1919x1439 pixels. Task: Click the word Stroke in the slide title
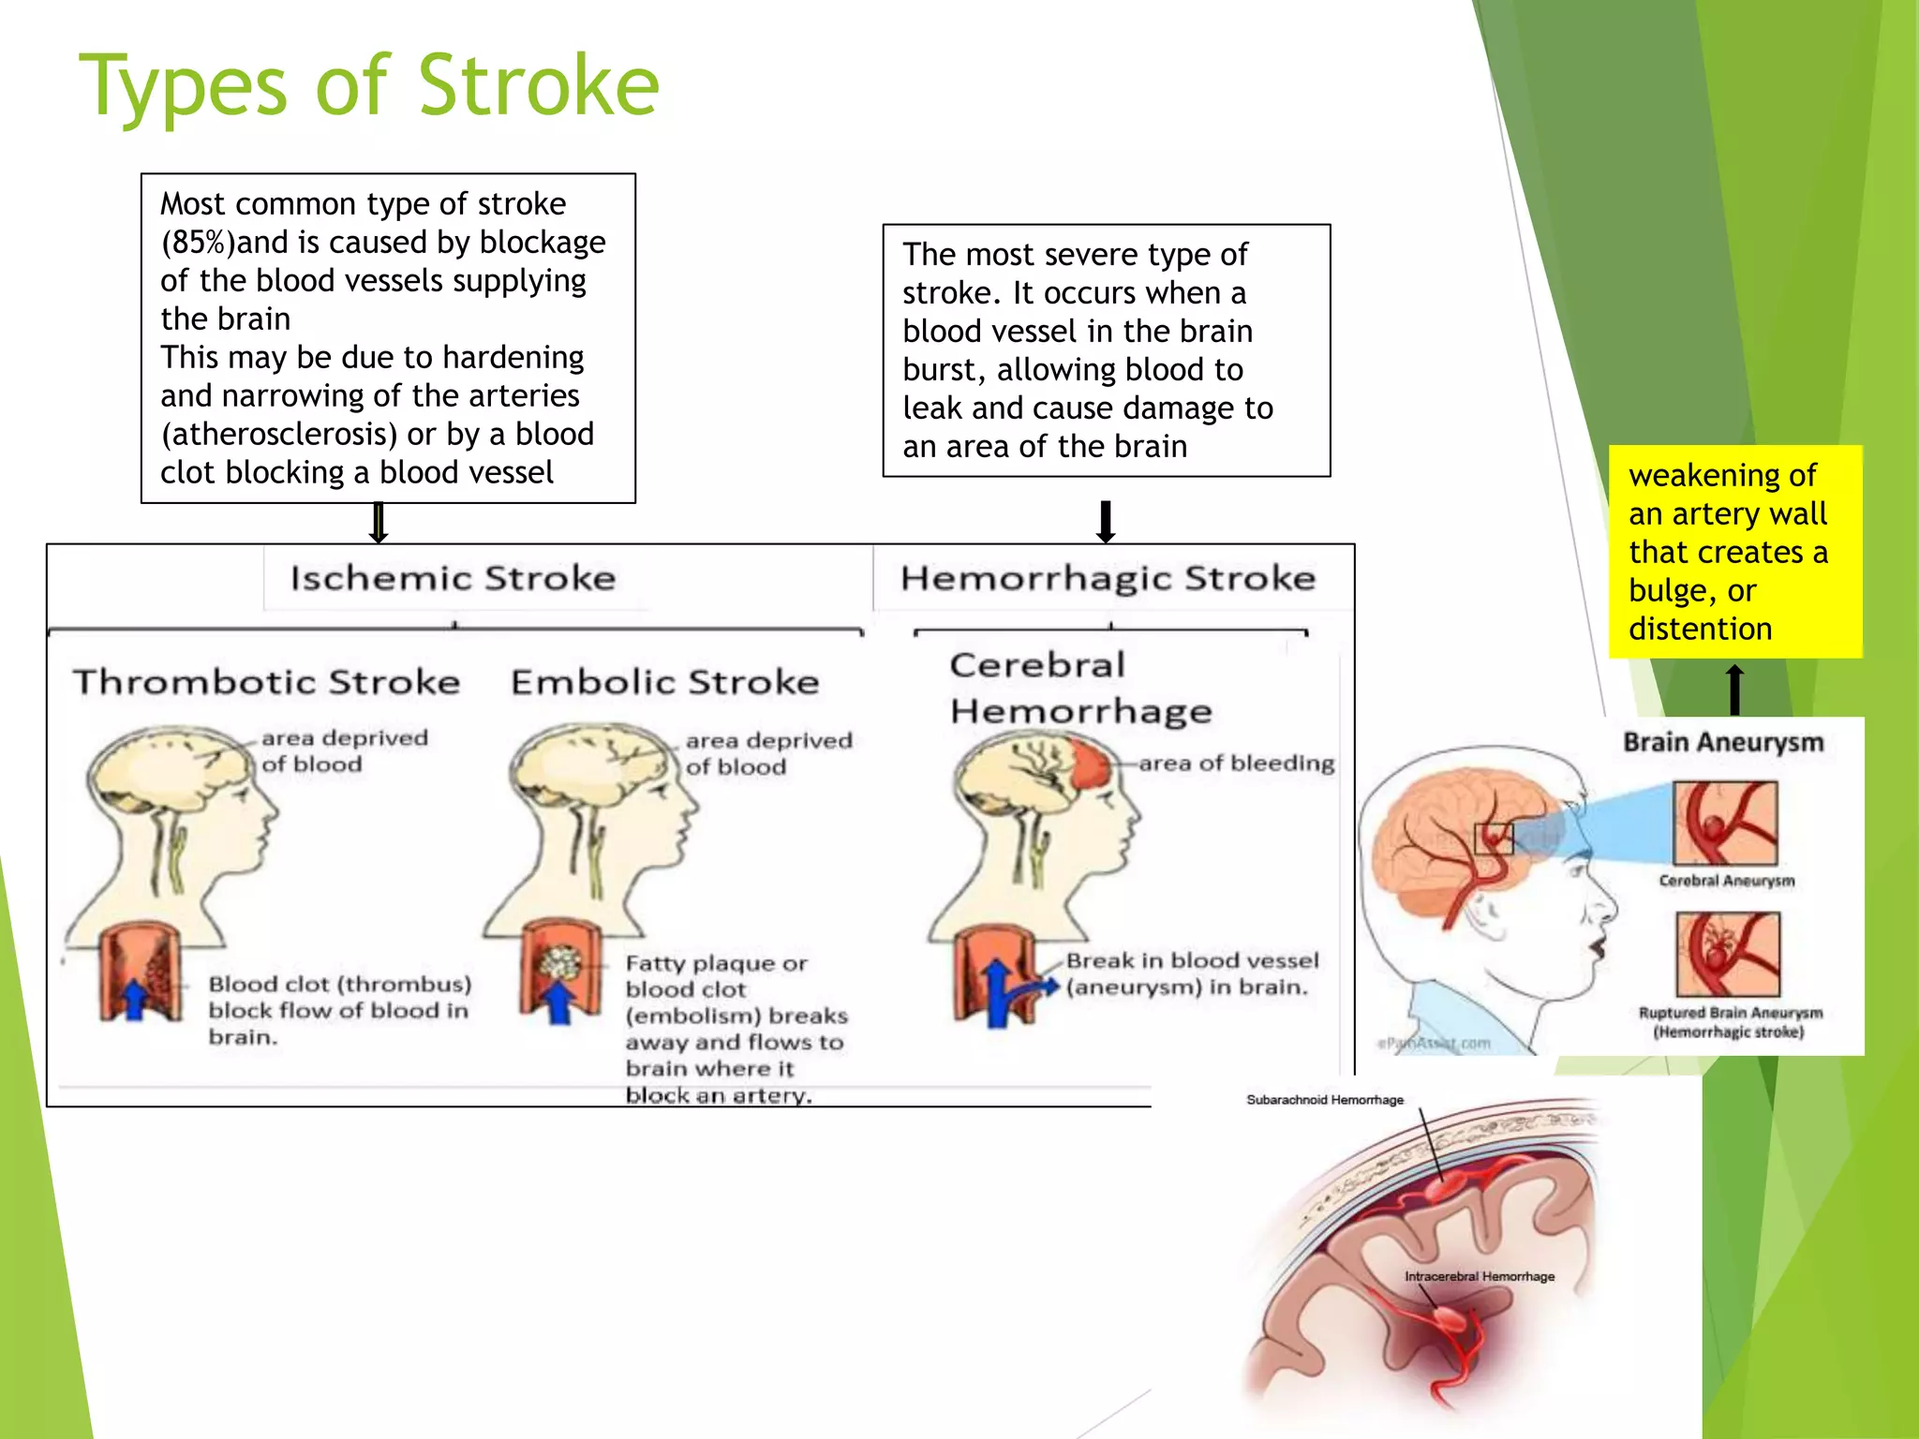tap(538, 86)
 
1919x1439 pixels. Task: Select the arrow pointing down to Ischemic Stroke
tap(379, 523)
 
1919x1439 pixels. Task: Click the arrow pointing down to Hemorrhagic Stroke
tap(1106, 522)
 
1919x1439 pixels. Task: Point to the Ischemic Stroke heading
tap(453, 578)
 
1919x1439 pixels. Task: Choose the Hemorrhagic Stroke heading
tap(1108, 578)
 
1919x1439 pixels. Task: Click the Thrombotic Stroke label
tap(267, 682)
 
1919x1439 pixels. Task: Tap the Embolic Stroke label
tap(664, 682)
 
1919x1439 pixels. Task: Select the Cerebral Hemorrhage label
tap(1079, 689)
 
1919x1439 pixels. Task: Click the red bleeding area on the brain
tap(1090, 764)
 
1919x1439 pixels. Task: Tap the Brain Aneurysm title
tap(1723, 742)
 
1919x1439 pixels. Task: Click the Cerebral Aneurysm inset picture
tap(1725, 823)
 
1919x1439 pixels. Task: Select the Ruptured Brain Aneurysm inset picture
tap(1727, 955)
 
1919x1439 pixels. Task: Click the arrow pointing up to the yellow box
tap(1734, 690)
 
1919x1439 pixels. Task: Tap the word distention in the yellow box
tap(1700, 629)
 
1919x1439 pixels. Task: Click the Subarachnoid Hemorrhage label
tap(1324, 1100)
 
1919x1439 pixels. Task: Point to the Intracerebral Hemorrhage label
tap(1479, 1276)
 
